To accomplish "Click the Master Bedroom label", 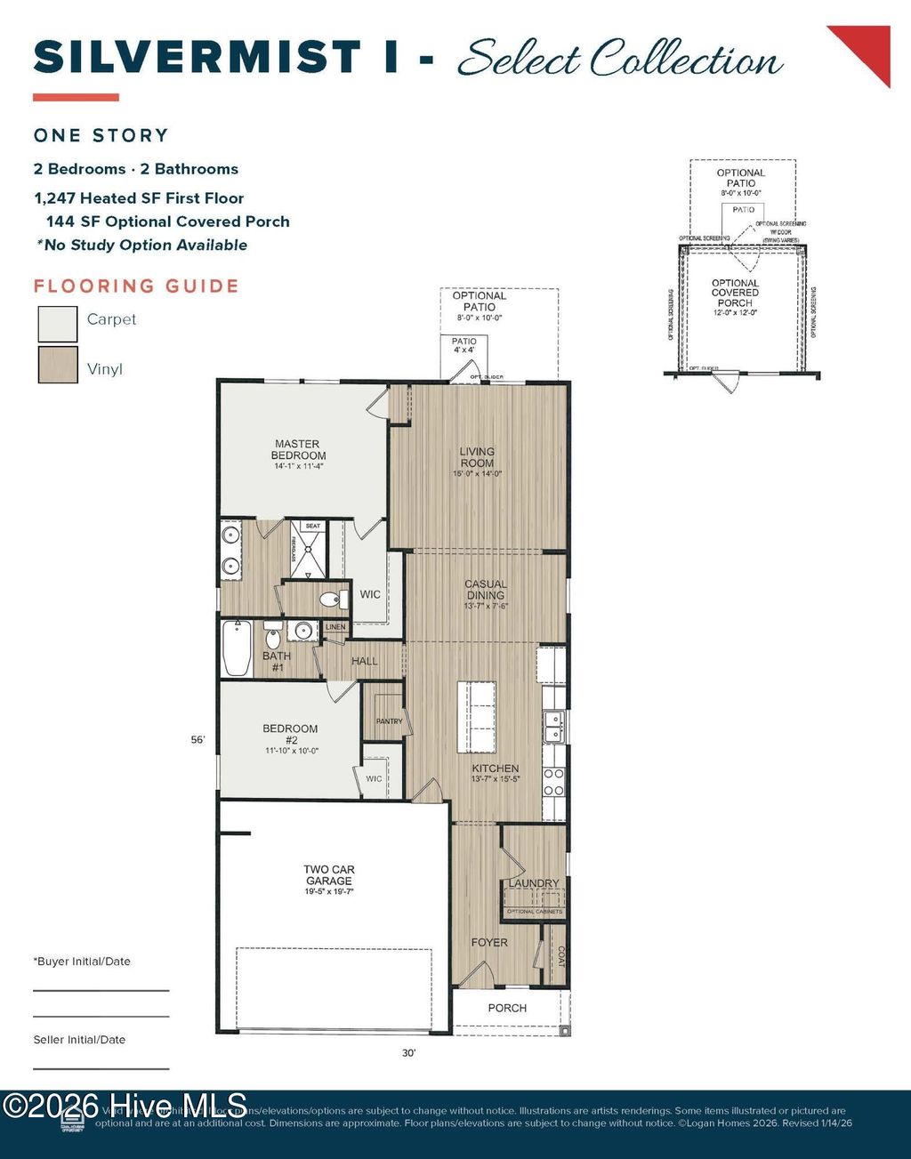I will tap(298, 450).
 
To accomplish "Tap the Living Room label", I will tap(477, 457).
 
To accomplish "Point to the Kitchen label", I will tap(496, 769).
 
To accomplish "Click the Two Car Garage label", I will tap(329, 875).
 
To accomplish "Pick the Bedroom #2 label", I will tap(290, 735).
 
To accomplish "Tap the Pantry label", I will tap(389, 721).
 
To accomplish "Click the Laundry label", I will tap(534, 883).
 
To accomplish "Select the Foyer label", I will tap(489, 942).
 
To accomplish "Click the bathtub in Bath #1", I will tap(238, 648).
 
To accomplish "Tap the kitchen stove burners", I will tap(553, 781).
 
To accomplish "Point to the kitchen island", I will tap(477, 717).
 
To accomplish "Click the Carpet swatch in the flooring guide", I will tap(58, 325).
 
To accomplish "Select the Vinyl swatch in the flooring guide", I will tap(58, 365).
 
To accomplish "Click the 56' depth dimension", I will tap(198, 739).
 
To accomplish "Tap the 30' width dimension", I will tap(408, 1053).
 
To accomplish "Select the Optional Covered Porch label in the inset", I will tap(735, 293).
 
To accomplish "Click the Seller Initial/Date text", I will tap(79, 1040).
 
